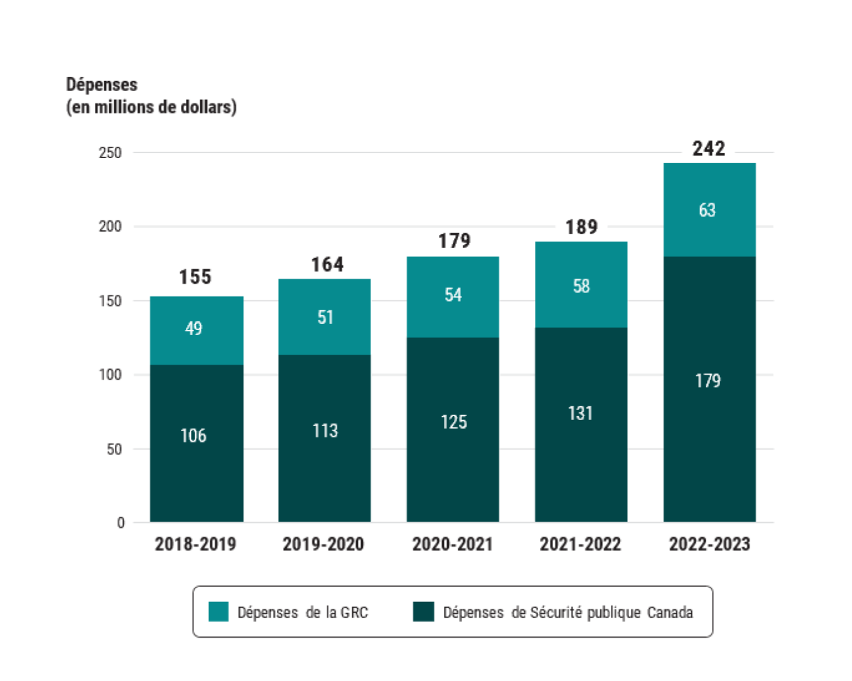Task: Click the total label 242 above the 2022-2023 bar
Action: pos(708,149)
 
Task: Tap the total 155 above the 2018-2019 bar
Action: pos(195,277)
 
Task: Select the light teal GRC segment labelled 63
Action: pos(709,210)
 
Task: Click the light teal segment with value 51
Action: pos(324,317)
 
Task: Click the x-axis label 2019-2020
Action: pos(323,544)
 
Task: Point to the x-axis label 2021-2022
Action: pos(580,544)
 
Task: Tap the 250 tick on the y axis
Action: pos(110,153)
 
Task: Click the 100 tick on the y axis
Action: pos(110,375)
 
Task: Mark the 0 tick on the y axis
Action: pos(121,523)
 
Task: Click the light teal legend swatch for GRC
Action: pos(218,612)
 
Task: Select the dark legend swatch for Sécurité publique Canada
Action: pos(423,612)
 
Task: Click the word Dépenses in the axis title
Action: pos(102,85)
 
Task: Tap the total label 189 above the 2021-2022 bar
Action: pos(581,227)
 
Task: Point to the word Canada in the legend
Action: pos(670,613)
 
